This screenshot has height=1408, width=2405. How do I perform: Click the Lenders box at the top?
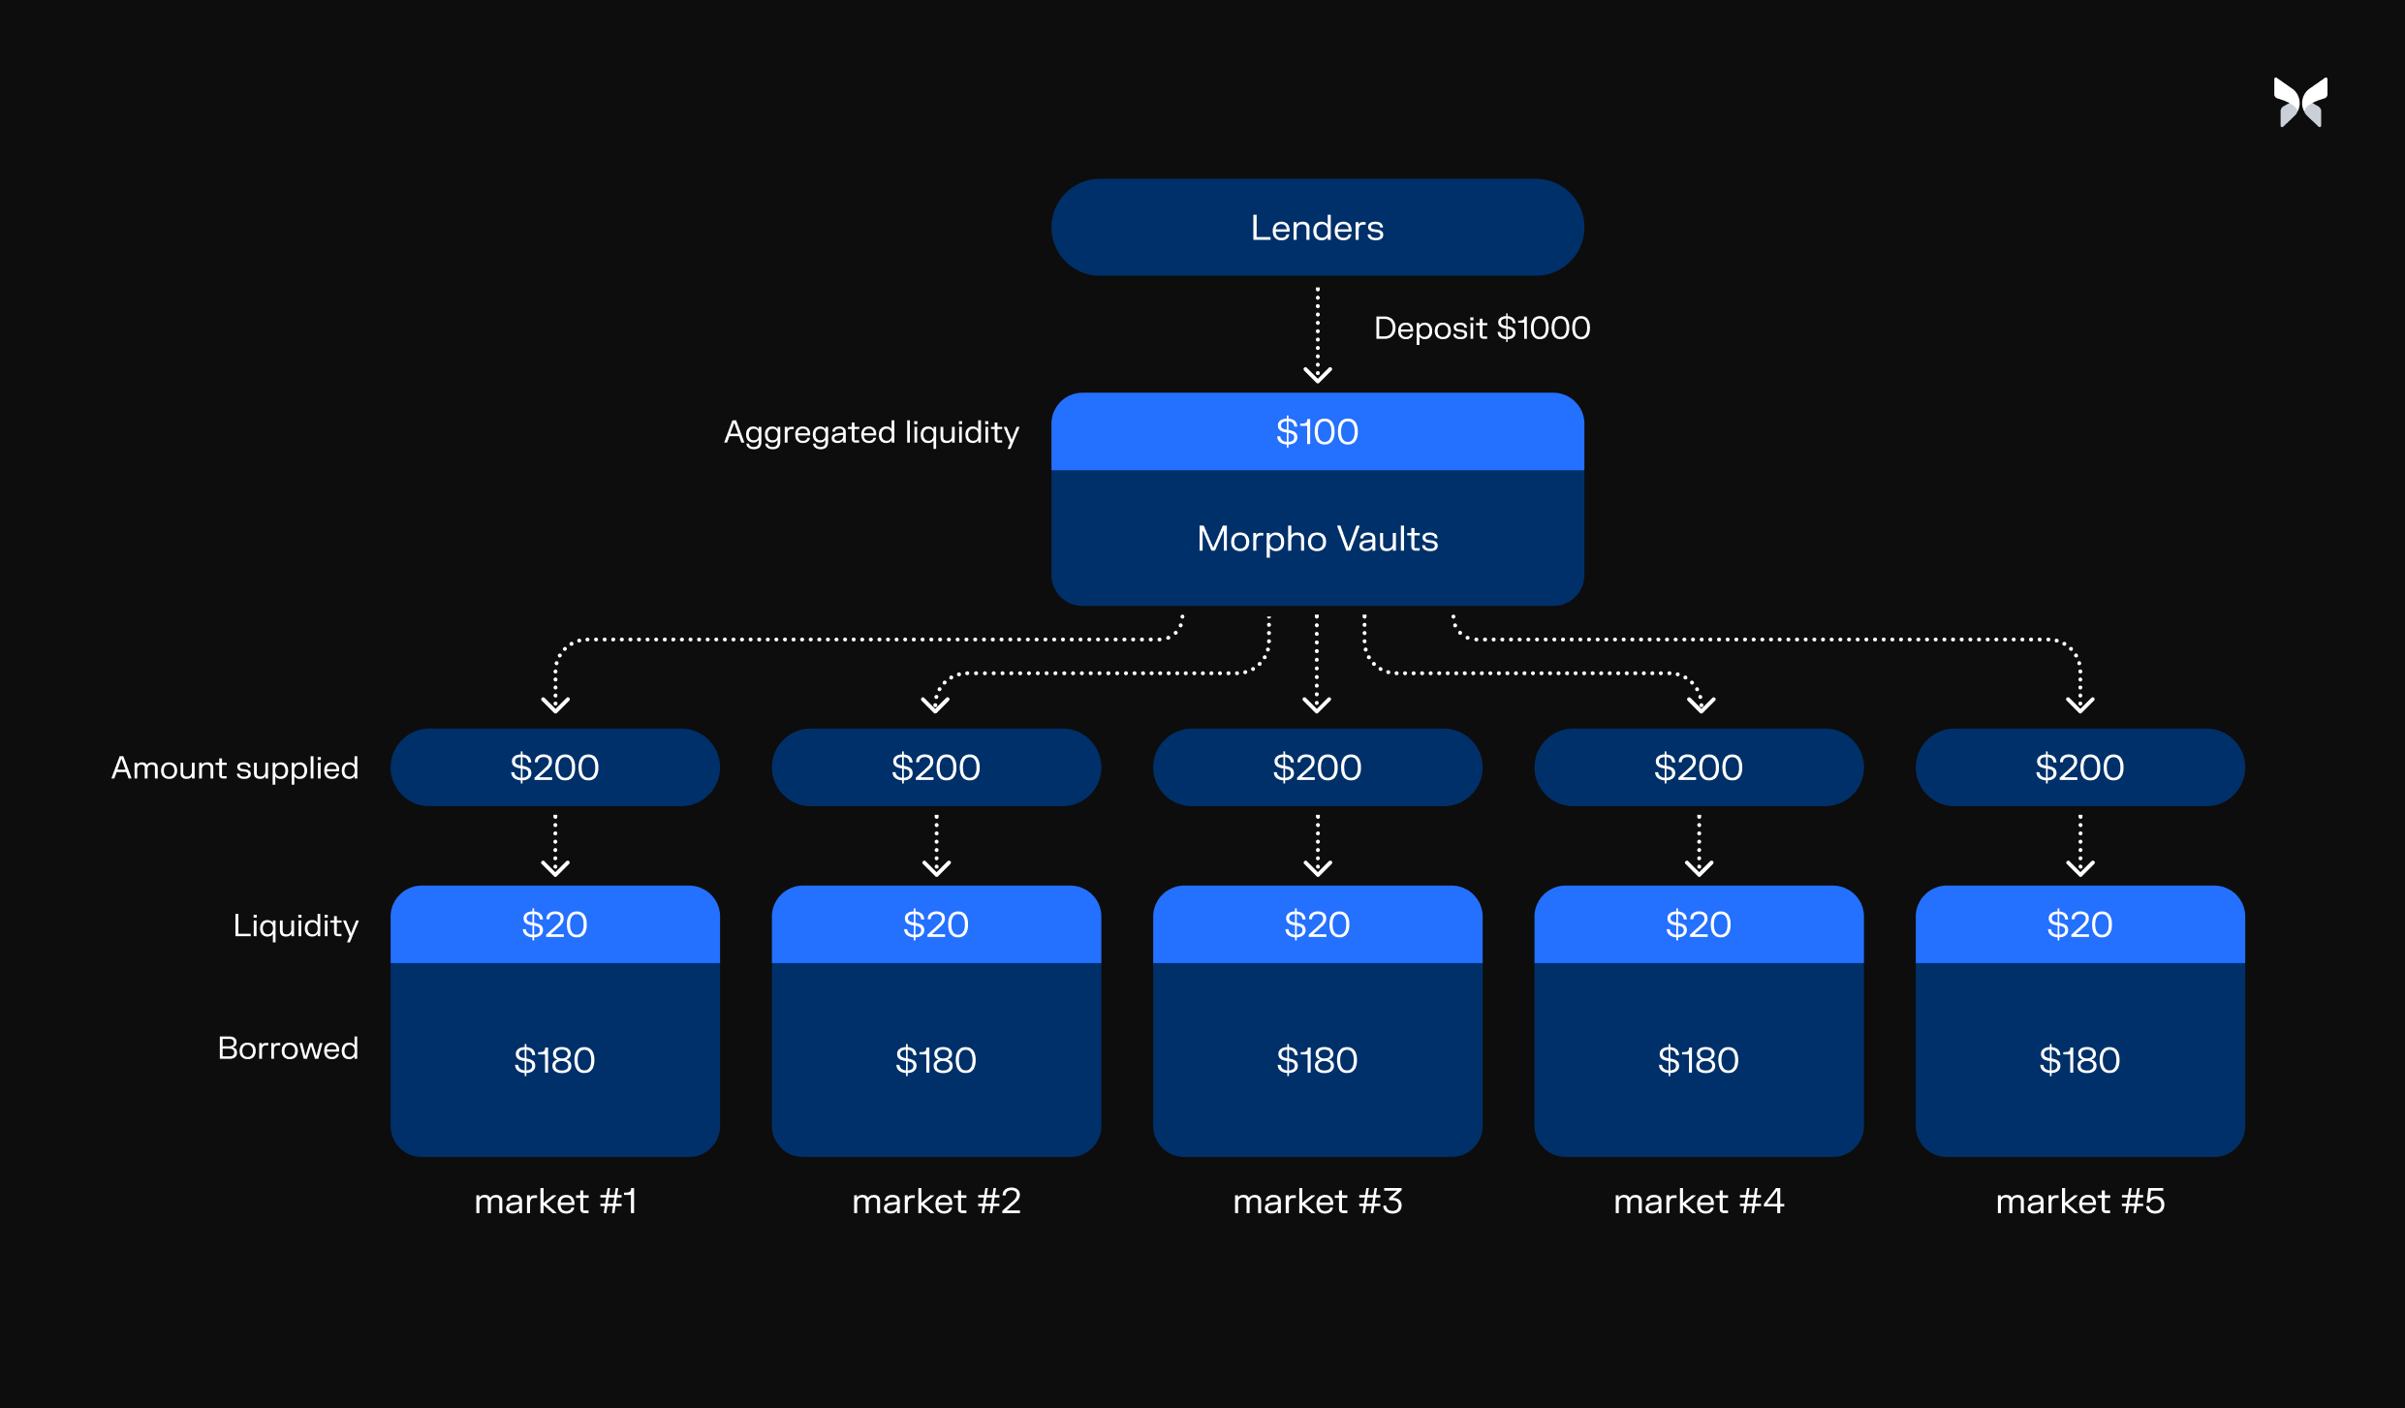1317,228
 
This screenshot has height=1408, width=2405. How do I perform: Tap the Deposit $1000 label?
1482,329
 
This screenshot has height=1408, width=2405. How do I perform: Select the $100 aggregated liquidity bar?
1317,432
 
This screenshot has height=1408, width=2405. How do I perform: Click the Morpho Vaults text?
1317,539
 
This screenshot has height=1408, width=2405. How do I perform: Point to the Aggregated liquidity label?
871,432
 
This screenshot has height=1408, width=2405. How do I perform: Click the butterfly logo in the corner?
2300,103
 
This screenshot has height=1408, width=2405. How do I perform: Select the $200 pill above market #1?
554,767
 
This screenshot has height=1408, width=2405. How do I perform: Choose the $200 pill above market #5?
2079,767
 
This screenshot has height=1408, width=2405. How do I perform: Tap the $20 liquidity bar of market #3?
1317,924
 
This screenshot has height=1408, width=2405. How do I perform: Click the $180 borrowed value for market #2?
936,1060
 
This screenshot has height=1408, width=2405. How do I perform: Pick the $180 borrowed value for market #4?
1698,1060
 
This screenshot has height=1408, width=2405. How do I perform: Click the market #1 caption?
555,1202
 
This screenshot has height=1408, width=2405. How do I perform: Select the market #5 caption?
2079,1202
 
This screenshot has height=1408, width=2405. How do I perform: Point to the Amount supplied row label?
234,767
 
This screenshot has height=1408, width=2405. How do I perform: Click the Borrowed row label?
288,1048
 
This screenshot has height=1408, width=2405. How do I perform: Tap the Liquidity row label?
296,925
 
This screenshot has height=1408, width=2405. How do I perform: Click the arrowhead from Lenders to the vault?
1317,374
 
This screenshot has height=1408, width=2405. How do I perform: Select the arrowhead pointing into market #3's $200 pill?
1316,704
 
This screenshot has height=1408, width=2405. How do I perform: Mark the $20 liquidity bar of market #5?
2079,924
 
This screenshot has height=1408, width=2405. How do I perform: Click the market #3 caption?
1317,1202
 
